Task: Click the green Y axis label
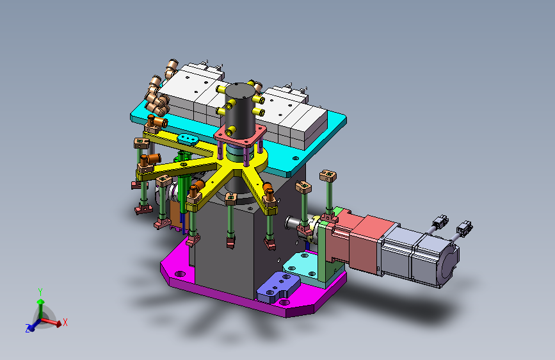pos(40,292)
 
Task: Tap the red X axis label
pos(65,322)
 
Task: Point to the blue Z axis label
pos(28,328)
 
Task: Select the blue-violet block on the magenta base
pos(278,287)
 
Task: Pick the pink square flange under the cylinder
pos(240,136)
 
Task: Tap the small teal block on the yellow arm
pos(188,139)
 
